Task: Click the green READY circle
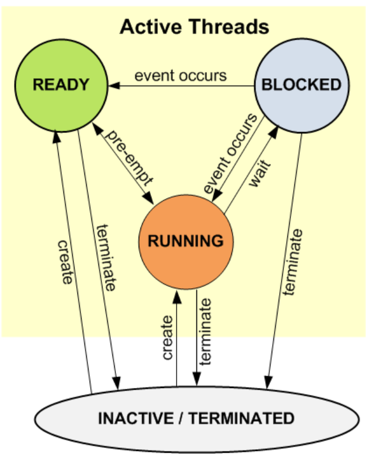click(61, 86)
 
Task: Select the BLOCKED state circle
click(302, 86)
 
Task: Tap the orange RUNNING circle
click(186, 242)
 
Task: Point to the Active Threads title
click(194, 27)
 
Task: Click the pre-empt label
click(128, 157)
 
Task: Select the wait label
click(259, 173)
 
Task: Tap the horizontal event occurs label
click(181, 75)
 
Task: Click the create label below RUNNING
click(167, 338)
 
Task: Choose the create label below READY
click(65, 262)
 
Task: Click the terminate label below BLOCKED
click(293, 262)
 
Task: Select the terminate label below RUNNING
click(205, 332)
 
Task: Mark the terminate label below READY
click(107, 257)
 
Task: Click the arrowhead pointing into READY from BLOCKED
click(114, 86)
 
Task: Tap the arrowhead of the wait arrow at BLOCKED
click(273, 132)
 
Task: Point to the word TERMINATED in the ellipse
click(242, 418)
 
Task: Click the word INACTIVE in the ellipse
click(136, 418)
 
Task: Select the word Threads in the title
click(230, 27)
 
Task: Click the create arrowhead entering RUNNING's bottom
click(177, 297)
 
